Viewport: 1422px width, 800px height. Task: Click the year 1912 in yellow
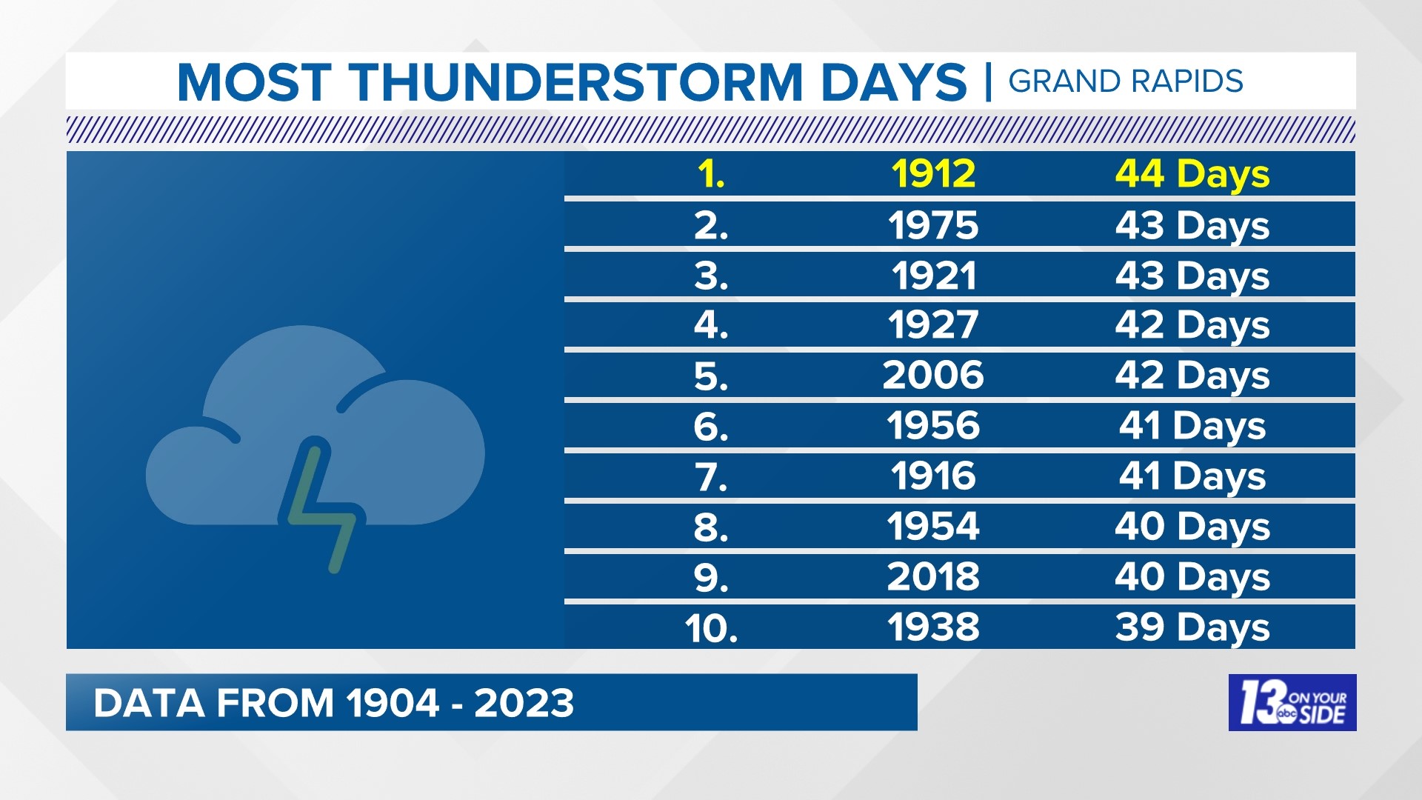click(x=933, y=174)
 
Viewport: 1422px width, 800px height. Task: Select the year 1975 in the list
click(x=933, y=224)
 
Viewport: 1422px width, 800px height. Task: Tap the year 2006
click(x=933, y=376)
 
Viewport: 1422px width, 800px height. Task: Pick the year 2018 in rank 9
click(x=933, y=577)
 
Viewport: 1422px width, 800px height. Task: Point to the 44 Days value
click(x=1192, y=174)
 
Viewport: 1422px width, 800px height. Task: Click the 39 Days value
click(x=1192, y=627)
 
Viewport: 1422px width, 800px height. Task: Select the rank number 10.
click(x=711, y=628)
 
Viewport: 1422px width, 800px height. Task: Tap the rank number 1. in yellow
click(x=711, y=175)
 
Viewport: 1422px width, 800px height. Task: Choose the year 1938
click(x=933, y=627)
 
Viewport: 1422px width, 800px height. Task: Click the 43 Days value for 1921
click(x=1192, y=276)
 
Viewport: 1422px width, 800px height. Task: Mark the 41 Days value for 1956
click(x=1192, y=426)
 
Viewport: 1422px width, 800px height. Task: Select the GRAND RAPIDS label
click(x=1125, y=81)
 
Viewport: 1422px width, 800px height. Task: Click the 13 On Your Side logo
click(x=1292, y=702)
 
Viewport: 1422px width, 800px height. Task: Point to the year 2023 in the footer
click(x=524, y=703)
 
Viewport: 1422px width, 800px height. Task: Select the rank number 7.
click(x=711, y=477)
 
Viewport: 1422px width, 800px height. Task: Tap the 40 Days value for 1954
click(x=1192, y=527)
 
